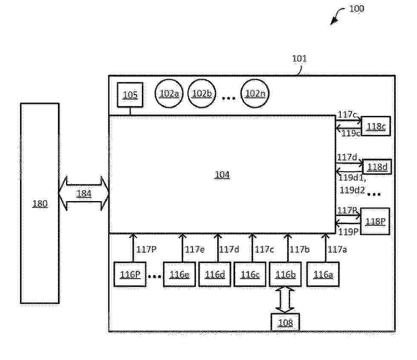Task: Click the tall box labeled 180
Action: coord(40,203)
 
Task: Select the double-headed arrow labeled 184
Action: coord(83,194)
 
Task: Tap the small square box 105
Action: coord(130,95)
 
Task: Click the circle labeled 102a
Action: coord(169,94)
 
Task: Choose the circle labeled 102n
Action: coord(255,94)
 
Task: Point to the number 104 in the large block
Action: coord(222,175)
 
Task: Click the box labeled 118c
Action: coord(376,126)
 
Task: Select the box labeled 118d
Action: coord(377,167)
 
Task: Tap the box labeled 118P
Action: coord(375,221)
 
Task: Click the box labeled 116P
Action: coord(130,274)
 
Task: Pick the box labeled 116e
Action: coord(179,274)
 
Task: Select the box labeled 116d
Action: coord(215,274)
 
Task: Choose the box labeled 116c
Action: coord(250,274)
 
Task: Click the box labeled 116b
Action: coord(285,274)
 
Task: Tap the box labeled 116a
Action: coord(323,274)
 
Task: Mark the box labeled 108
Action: coord(285,323)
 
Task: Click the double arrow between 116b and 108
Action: coord(285,300)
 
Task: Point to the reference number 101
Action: coord(299,59)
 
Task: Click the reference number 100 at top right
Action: coord(357,9)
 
